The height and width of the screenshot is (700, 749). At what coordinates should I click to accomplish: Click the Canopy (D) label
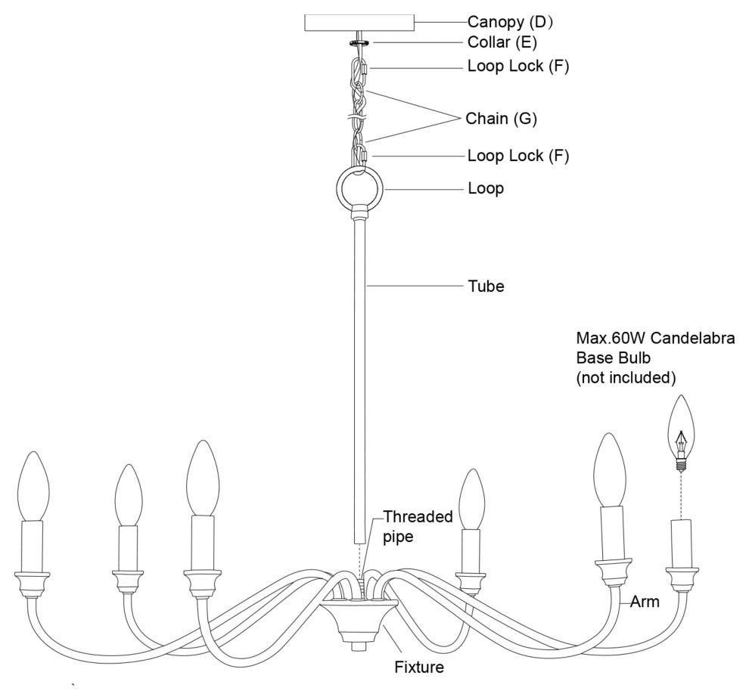coord(511,21)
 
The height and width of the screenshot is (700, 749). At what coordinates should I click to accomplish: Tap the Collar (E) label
coord(502,42)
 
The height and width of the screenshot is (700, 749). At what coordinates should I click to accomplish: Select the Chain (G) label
coord(501,118)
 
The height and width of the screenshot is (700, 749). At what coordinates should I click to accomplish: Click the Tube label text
coord(486,287)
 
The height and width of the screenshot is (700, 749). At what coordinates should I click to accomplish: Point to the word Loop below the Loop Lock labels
coord(486,188)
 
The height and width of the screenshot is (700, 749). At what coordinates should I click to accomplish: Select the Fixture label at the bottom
coord(418,667)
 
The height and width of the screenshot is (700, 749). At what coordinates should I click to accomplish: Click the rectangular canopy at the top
coord(359,22)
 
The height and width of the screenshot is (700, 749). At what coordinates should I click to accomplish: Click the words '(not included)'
coord(626,376)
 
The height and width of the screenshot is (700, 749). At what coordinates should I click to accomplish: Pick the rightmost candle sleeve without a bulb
coord(682,543)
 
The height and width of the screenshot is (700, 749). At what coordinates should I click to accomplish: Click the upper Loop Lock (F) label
coord(517,67)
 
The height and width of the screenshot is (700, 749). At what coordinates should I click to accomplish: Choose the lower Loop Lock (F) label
coord(517,156)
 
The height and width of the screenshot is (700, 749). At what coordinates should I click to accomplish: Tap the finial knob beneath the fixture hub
coord(359,647)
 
